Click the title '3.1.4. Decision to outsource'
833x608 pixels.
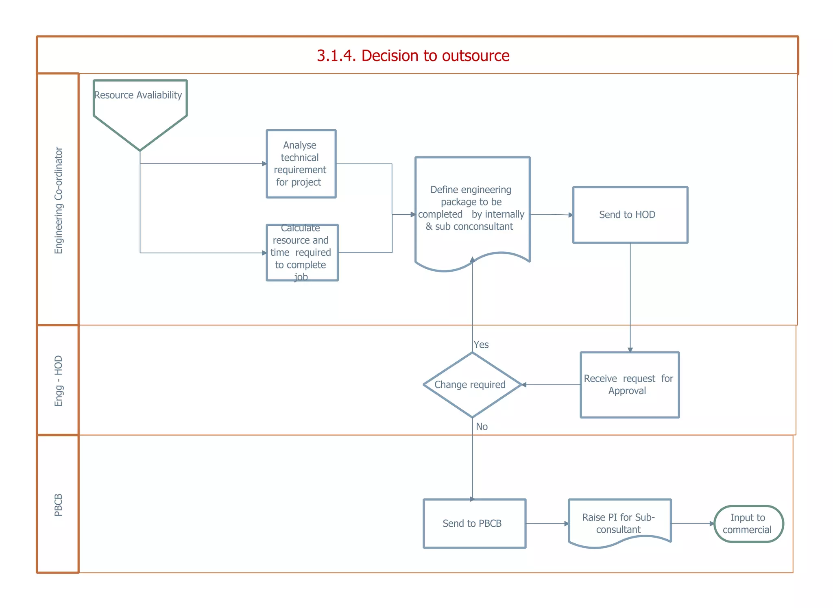click(x=413, y=56)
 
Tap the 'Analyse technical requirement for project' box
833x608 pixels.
click(x=301, y=163)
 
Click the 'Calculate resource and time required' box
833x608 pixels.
click(x=302, y=253)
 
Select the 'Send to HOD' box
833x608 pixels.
click(x=630, y=215)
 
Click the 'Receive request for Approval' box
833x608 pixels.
click(x=629, y=385)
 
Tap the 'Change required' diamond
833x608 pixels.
click(x=472, y=385)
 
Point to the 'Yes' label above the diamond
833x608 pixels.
click(x=481, y=344)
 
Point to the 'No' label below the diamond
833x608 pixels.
click(x=482, y=427)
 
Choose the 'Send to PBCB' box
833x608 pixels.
click(x=474, y=523)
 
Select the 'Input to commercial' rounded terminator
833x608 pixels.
click(x=748, y=524)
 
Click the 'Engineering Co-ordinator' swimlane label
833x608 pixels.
click(x=59, y=200)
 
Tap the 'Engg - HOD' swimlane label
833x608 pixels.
click(x=59, y=381)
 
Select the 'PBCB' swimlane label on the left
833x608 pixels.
click(x=59, y=505)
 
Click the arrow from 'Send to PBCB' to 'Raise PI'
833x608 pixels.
click(x=547, y=524)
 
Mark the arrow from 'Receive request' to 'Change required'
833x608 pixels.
click(x=551, y=385)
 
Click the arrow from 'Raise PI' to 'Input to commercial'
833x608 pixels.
click(x=692, y=524)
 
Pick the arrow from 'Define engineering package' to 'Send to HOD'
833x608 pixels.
click(x=551, y=214)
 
